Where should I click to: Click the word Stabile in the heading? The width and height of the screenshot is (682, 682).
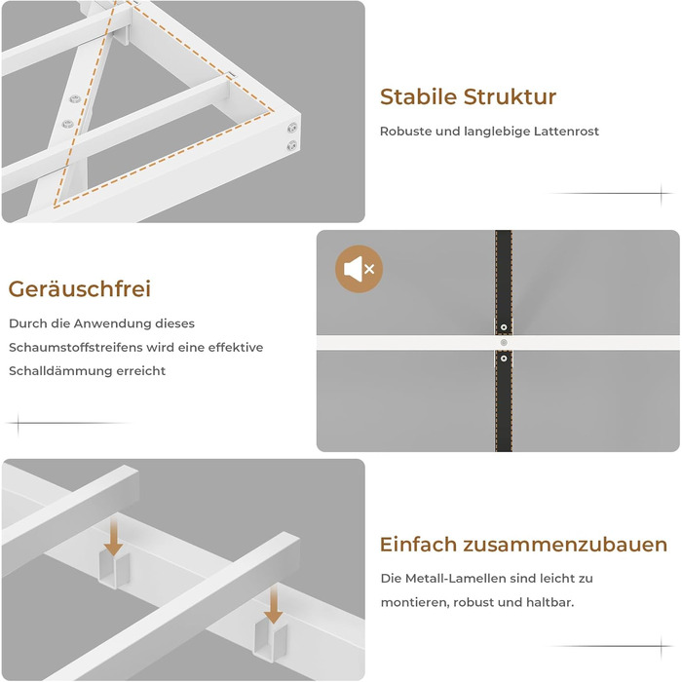(418, 96)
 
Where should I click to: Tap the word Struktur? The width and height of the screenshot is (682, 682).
(510, 96)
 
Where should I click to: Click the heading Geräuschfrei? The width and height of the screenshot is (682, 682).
(80, 289)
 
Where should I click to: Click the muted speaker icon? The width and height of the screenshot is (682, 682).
(359, 269)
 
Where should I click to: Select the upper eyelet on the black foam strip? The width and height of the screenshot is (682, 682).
(504, 327)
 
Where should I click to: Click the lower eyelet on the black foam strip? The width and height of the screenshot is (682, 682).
(504, 359)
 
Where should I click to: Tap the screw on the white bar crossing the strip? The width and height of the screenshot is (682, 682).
(504, 343)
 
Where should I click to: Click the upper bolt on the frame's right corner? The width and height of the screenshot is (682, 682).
(292, 128)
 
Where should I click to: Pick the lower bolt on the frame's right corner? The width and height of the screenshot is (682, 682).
(292, 145)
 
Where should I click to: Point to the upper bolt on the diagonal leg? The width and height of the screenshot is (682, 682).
(75, 99)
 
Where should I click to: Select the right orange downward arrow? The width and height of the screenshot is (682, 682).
(273, 604)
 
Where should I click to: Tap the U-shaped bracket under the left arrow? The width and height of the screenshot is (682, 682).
(114, 569)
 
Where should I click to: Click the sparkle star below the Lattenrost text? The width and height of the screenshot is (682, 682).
(661, 194)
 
